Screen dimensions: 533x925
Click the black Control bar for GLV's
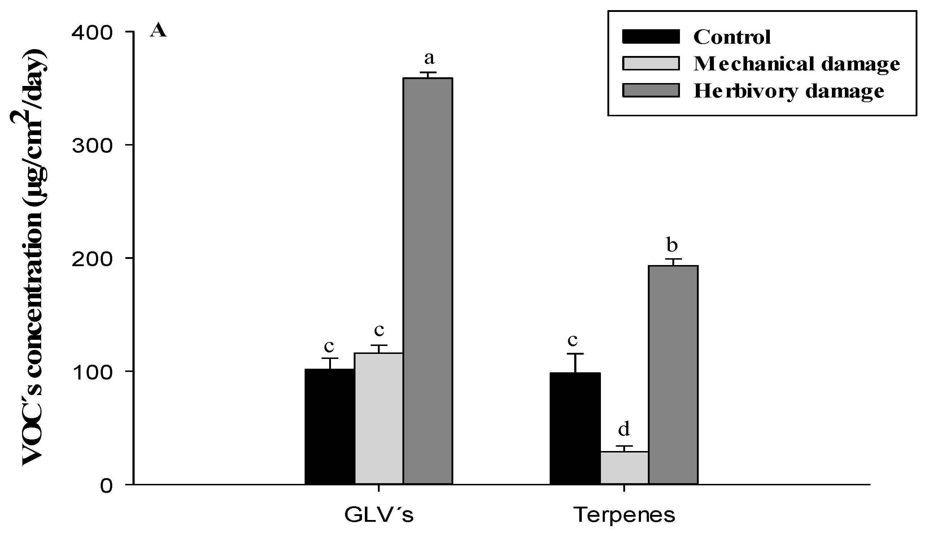pos(330,426)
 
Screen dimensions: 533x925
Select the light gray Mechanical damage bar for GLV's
pos(379,418)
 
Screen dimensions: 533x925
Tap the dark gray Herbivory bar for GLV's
pos(428,281)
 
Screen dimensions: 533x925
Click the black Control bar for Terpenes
pos(575,428)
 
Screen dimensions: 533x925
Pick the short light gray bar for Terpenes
pos(624,468)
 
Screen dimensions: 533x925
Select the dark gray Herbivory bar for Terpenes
pos(673,374)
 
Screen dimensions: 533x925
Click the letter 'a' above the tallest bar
pos(429,58)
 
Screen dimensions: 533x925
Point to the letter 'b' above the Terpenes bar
pos(672,245)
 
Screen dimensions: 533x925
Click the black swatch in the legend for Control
pos(650,36)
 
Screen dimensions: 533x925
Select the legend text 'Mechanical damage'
pos(796,64)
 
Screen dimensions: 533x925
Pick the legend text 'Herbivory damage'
pos(789,91)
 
